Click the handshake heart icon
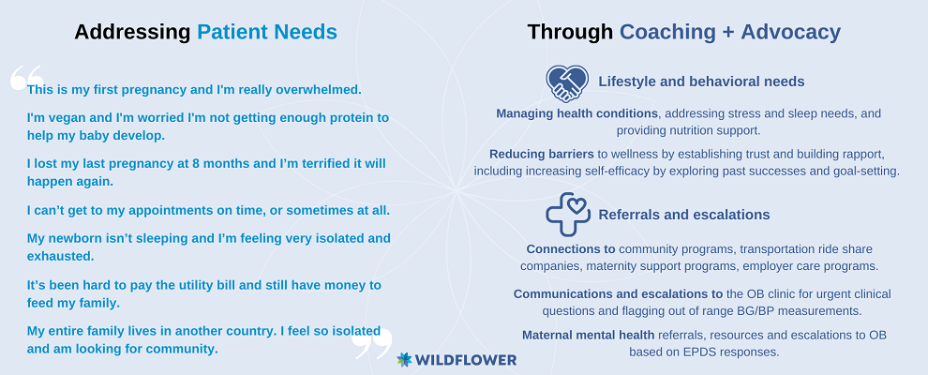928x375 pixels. pyautogui.click(x=567, y=83)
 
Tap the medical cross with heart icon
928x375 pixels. pyautogui.click(x=567, y=214)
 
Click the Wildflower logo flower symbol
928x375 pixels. pyautogui.click(x=404, y=360)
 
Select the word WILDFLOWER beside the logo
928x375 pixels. pyautogui.click(x=466, y=360)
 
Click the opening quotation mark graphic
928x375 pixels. pyautogui.click(x=26, y=78)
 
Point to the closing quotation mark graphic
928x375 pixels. pyautogui.click(x=373, y=344)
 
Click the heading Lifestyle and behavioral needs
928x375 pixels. pyautogui.click(x=701, y=82)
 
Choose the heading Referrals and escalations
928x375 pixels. pyautogui.click(x=684, y=214)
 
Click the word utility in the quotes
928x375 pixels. pyautogui.click(x=174, y=285)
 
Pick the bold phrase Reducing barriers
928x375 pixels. pyautogui.click(x=542, y=154)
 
